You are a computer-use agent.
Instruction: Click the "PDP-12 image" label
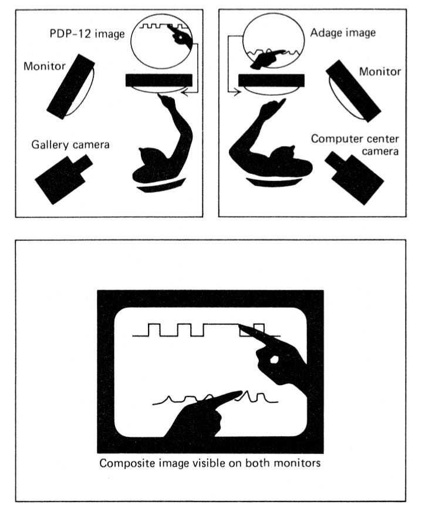pos(87,34)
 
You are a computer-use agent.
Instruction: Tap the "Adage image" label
pos(343,32)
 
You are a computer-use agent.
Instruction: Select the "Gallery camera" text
pos(70,144)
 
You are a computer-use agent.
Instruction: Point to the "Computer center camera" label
pos(355,144)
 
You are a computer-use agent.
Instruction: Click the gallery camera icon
pos(63,179)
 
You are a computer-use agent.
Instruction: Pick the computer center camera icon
pos(355,177)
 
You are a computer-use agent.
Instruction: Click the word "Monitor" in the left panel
pos(45,66)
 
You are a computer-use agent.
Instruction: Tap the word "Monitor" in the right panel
pos(380,72)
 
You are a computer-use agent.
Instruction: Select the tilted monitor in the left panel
pos(71,86)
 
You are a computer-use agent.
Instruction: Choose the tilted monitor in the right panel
pos(353,91)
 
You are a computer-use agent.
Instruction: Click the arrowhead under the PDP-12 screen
pos(184,93)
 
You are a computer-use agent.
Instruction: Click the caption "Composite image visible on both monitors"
pos(210,463)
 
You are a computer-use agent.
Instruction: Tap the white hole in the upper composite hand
pos(274,359)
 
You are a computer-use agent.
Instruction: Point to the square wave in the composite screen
pos(206,330)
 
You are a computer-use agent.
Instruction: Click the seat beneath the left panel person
pos(161,186)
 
